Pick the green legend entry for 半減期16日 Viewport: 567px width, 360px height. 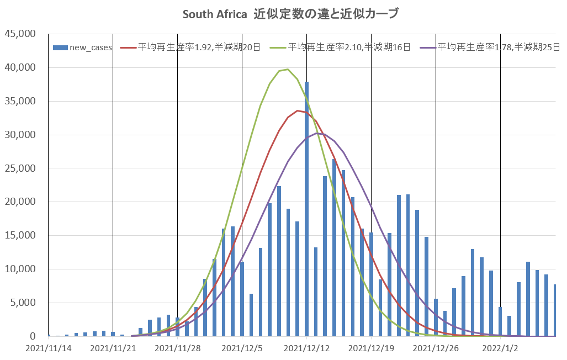pyautogui.click(x=349, y=47)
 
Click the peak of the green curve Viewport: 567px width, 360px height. pyautogui.click(x=288, y=69)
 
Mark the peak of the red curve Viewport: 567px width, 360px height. pyautogui.click(x=298, y=110)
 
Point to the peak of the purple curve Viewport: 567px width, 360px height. pyautogui.click(x=316, y=133)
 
